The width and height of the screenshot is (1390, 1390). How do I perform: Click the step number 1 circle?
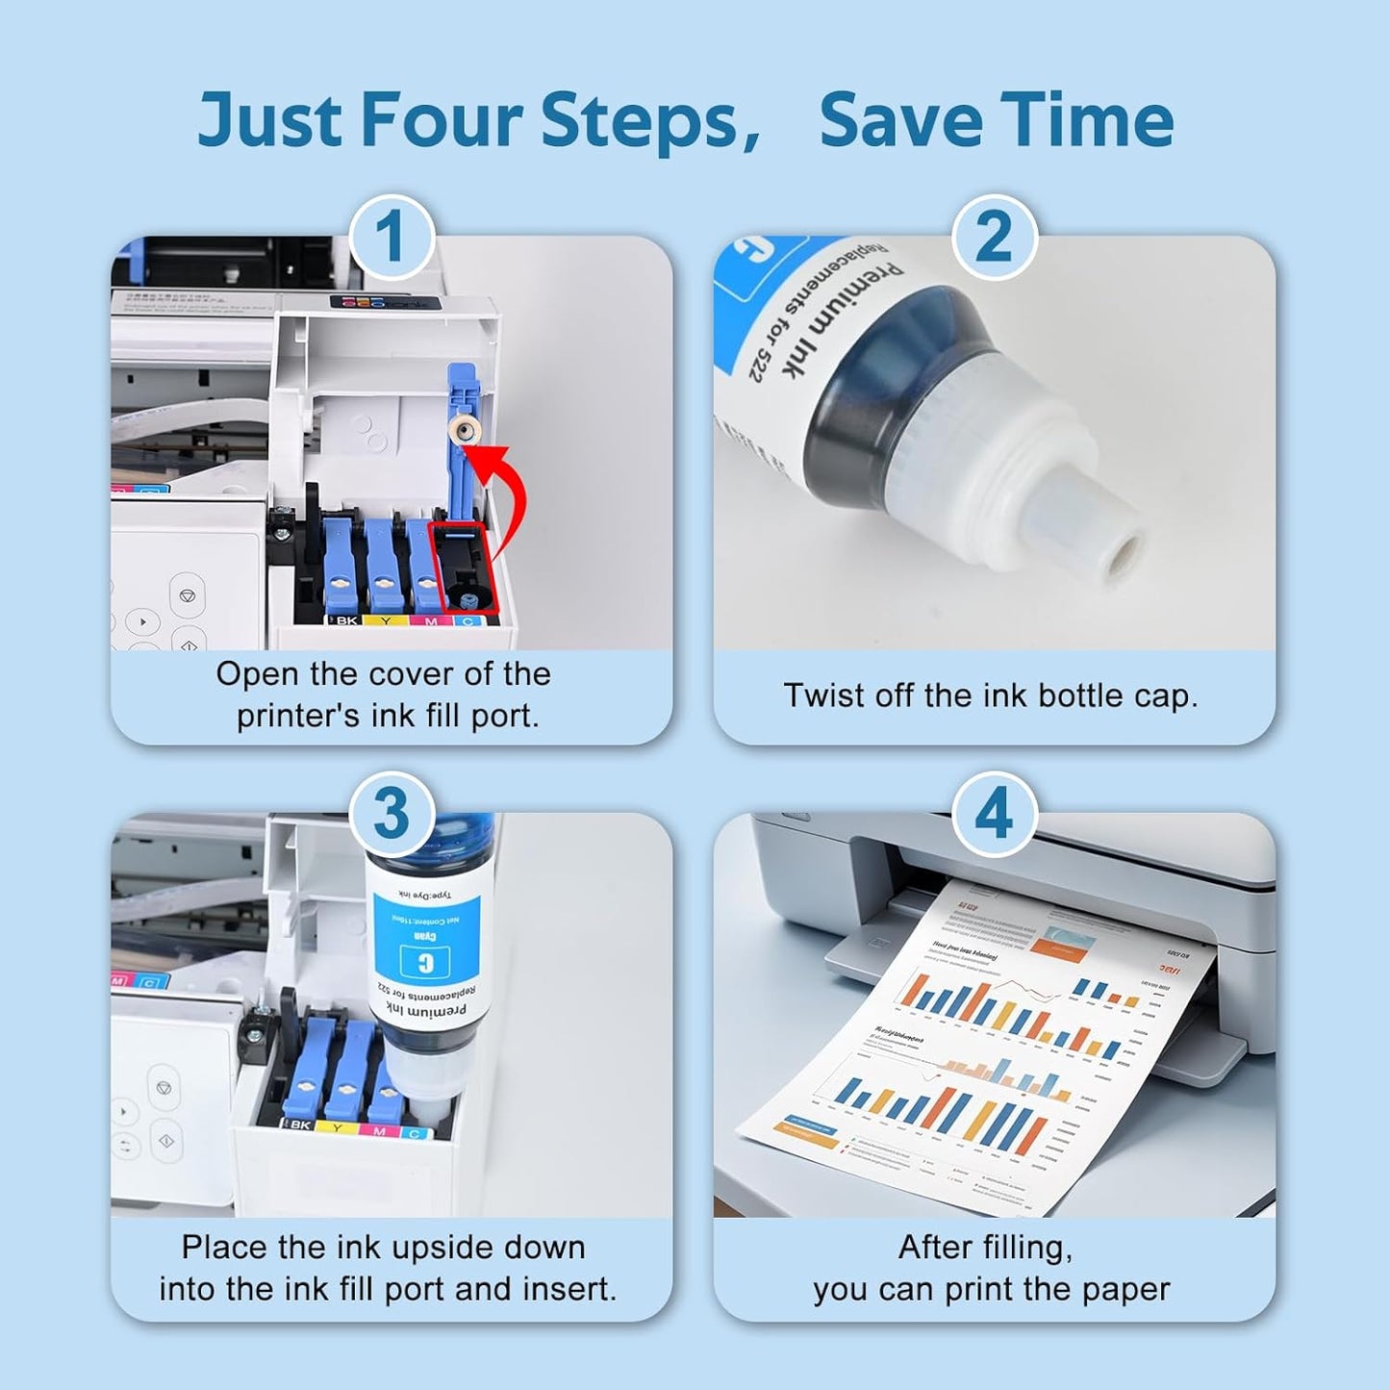pyautogui.click(x=392, y=238)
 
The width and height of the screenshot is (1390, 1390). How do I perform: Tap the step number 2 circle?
pyautogui.click(x=995, y=238)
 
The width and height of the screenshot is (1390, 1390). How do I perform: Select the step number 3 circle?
pyautogui.click(x=392, y=814)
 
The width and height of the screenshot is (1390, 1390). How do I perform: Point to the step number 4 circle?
pyautogui.click(x=995, y=814)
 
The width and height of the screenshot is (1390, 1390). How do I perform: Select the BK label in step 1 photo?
pyautogui.click(x=345, y=621)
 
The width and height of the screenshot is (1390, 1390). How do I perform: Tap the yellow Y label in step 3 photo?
pyautogui.click(x=337, y=1125)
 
